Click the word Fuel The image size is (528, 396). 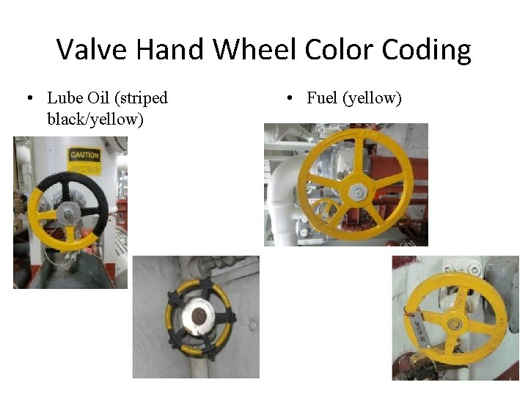pyautogui.click(x=322, y=98)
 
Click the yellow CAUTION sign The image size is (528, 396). pyautogui.click(x=84, y=155)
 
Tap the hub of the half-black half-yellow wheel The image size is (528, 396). pyautogui.click(x=67, y=213)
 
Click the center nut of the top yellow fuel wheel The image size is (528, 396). pyautogui.click(x=357, y=192)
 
